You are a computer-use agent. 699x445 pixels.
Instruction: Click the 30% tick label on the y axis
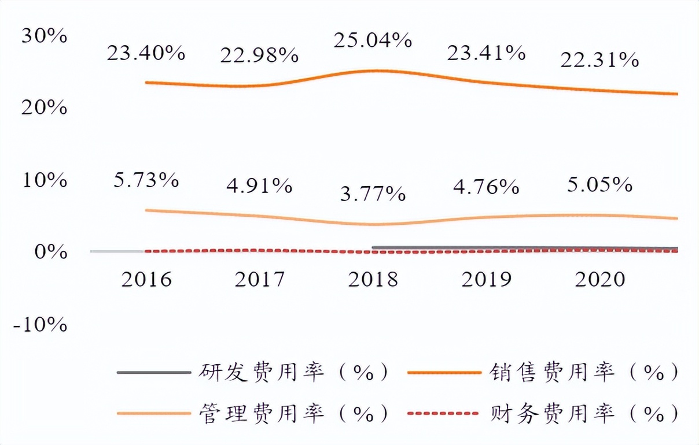click(x=44, y=36)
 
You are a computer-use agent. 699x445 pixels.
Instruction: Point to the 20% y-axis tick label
click(x=44, y=107)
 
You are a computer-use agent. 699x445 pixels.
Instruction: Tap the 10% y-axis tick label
click(x=44, y=180)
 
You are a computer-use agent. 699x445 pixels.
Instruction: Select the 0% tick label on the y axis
click(x=50, y=253)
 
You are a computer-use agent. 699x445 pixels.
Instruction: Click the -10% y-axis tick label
click(x=41, y=325)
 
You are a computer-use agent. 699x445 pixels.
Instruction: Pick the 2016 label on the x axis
click(x=146, y=280)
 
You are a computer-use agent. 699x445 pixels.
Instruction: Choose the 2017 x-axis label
click(x=260, y=280)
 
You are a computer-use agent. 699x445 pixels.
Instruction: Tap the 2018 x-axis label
click(x=373, y=280)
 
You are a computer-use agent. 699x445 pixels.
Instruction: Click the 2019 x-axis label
click(x=487, y=280)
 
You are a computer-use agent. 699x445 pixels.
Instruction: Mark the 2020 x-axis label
click(x=600, y=280)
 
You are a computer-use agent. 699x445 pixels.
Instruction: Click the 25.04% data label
click(x=373, y=40)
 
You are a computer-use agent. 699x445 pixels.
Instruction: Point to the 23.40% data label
click(x=146, y=54)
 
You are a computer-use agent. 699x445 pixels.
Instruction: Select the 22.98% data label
click(x=259, y=55)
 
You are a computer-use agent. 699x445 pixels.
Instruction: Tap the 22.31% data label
click(x=599, y=60)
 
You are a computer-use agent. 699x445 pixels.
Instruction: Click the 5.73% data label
click(x=146, y=180)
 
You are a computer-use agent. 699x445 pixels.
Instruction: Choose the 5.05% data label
click(x=599, y=185)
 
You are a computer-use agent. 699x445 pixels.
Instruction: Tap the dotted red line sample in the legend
click(x=444, y=414)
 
